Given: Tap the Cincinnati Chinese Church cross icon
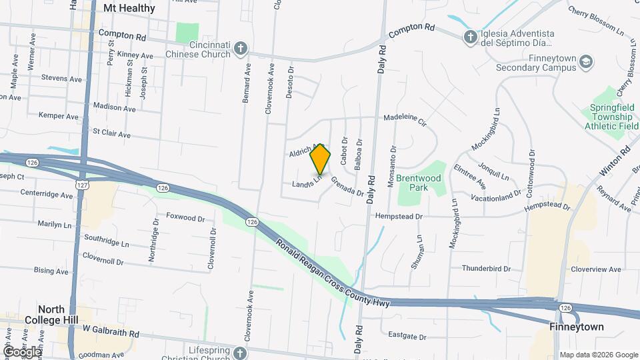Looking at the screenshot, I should click(241, 49).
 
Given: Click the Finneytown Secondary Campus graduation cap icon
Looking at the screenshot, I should click(587, 62).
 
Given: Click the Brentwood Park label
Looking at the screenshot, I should click(419, 183).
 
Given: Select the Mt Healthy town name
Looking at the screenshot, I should click(129, 9).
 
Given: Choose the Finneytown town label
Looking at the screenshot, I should click(577, 327).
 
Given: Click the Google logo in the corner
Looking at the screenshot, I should click(22, 351).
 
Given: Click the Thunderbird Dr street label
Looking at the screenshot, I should click(486, 269).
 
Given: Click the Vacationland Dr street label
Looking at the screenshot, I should click(495, 197).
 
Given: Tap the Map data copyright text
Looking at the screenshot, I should click(599, 355).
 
